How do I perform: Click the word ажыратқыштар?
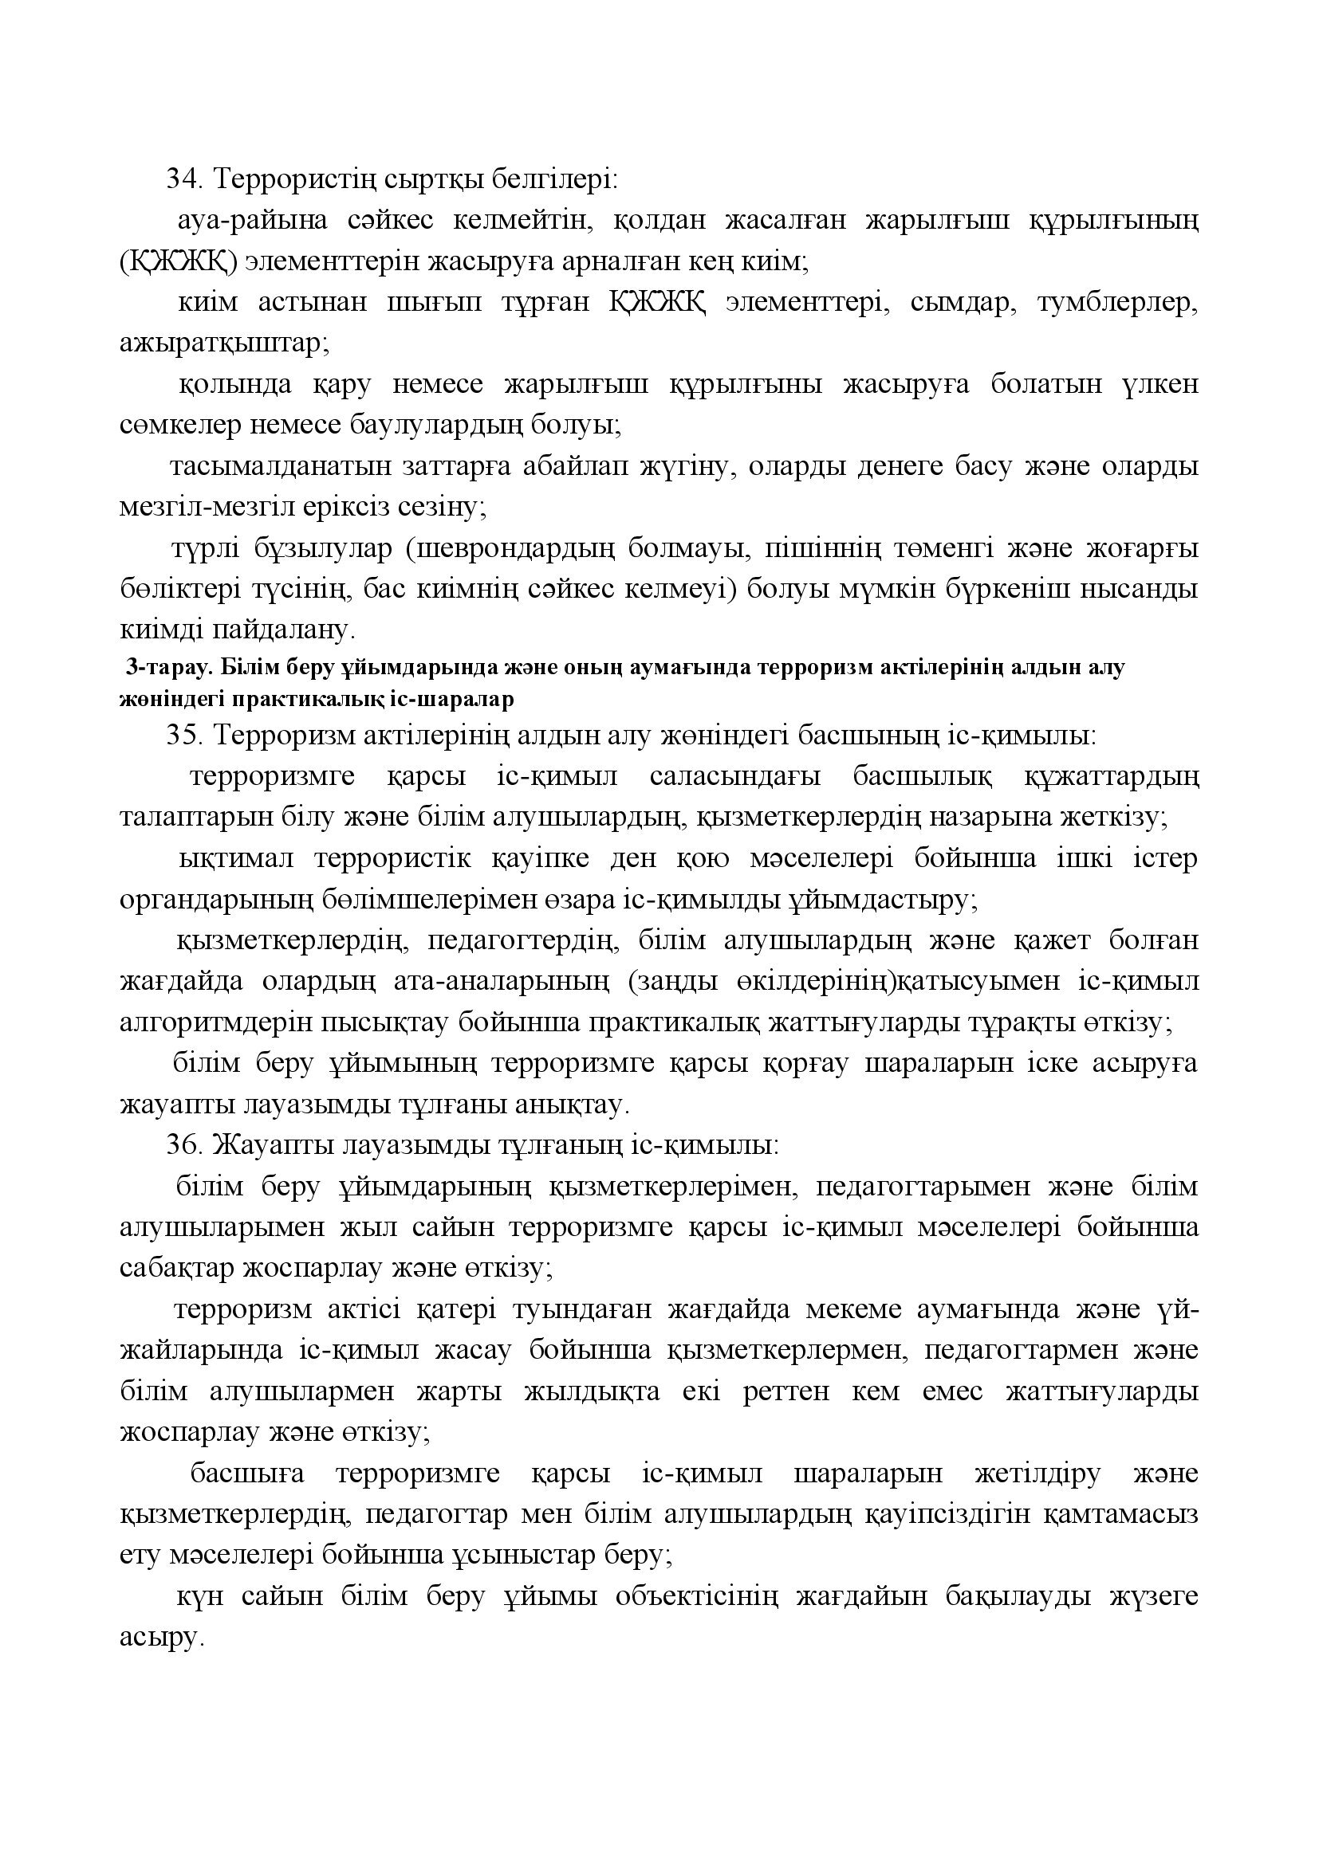pos(224,343)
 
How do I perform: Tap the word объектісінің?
pos(697,1597)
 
